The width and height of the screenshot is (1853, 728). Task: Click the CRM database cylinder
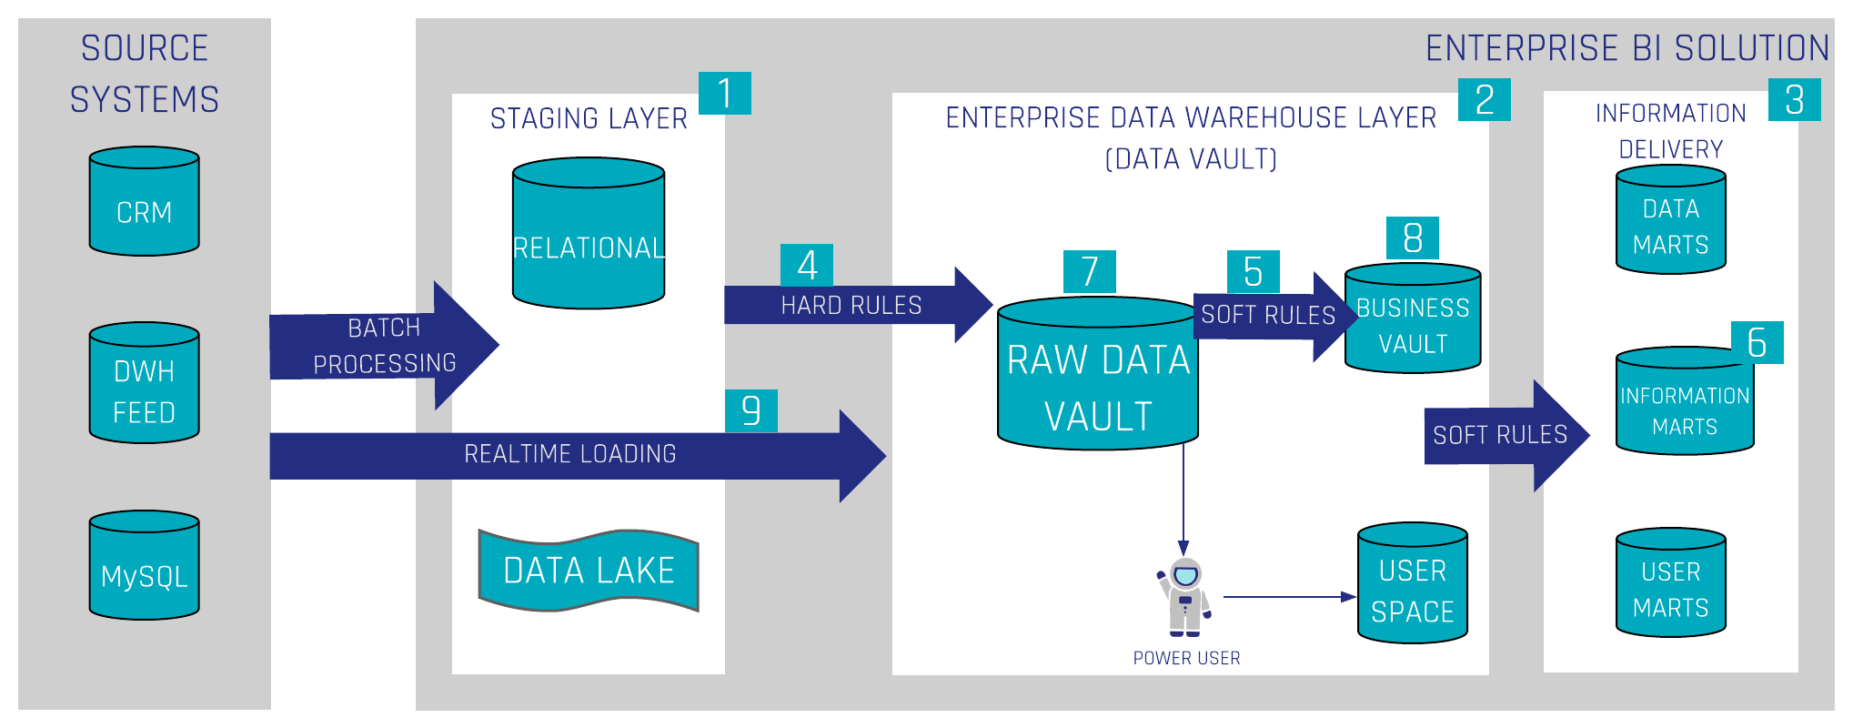coord(144,202)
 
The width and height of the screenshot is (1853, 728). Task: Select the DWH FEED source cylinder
coord(144,384)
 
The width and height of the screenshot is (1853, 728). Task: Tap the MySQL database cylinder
coord(144,566)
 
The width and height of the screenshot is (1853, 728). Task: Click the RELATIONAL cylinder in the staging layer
coord(589,235)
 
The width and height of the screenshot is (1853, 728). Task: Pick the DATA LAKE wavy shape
coord(589,571)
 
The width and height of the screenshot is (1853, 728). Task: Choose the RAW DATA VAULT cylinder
coord(1098,375)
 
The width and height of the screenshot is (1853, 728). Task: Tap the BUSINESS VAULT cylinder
coord(1413,320)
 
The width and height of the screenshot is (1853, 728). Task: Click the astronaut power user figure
coord(1184,597)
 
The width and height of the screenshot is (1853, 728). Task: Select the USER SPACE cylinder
coord(1413,584)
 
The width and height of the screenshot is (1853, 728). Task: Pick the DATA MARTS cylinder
coord(1670,222)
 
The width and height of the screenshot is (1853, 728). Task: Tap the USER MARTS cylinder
coord(1670,584)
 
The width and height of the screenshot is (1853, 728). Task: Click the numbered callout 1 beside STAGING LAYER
coord(725,93)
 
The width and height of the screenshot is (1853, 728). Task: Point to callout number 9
coord(751,410)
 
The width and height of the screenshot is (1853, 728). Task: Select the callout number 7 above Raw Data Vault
coord(1090,271)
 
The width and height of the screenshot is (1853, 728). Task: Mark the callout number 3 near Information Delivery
coord(1794,99)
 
